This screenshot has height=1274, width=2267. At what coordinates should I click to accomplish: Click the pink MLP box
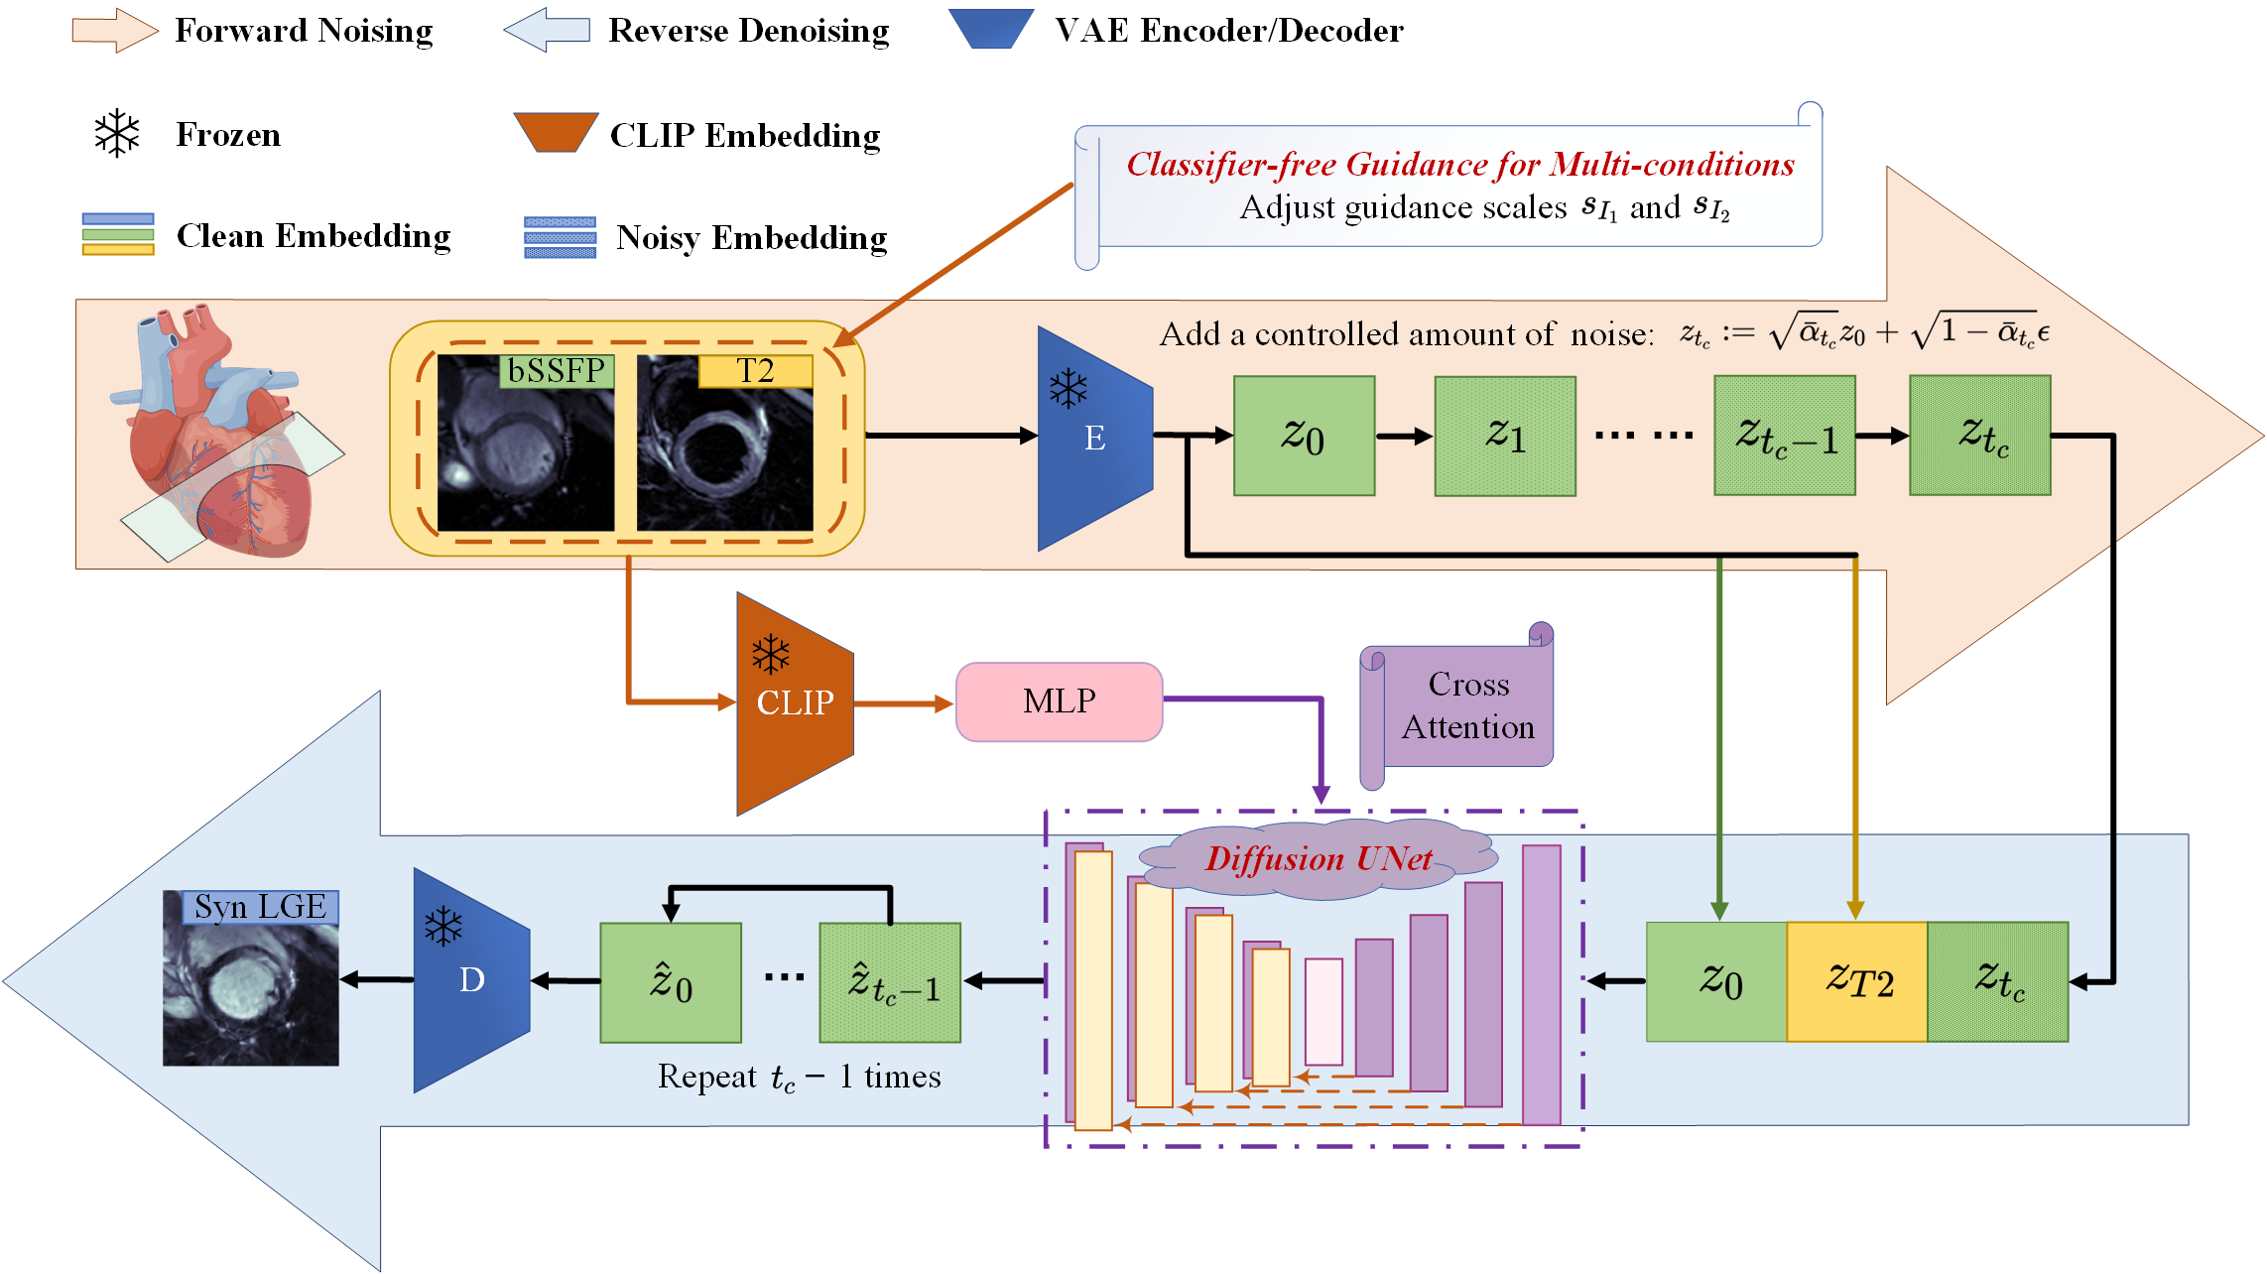pos(1059,701)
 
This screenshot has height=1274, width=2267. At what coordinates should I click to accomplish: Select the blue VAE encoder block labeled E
pos(1095,438)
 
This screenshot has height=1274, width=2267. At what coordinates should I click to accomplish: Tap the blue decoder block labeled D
pos(471,980)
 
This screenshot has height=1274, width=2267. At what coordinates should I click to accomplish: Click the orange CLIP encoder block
pos(795,703)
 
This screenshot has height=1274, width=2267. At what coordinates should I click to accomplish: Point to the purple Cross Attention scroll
pos(1456,706)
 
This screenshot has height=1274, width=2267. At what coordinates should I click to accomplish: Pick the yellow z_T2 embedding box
pos(1857,981)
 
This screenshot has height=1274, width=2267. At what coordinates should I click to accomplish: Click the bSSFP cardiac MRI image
pos(526,443)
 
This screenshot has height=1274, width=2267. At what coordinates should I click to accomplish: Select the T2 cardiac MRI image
pos(725,443)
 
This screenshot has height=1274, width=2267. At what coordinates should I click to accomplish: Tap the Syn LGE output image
pos(251,978)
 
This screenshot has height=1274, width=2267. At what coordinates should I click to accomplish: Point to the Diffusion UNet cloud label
pos(1319,858)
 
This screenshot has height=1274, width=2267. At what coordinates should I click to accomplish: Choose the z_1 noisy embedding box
pos(1505,436)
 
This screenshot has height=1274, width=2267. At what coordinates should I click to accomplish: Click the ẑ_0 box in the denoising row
pos(671,982)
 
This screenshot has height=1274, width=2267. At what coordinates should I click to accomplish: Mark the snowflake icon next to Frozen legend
pos(117,133)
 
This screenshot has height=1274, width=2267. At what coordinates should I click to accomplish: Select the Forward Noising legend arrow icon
pos(115,30)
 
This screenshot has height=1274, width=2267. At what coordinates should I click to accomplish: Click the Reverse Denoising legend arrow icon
pos(547,30)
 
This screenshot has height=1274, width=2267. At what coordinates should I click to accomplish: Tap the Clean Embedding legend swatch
pos(118,234)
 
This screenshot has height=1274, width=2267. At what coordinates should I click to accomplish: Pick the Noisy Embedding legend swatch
pos(561,237)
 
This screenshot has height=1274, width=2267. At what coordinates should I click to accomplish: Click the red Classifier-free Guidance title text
pos(1460,164)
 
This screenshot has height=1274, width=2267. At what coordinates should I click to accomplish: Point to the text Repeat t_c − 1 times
pos(800,1077)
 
